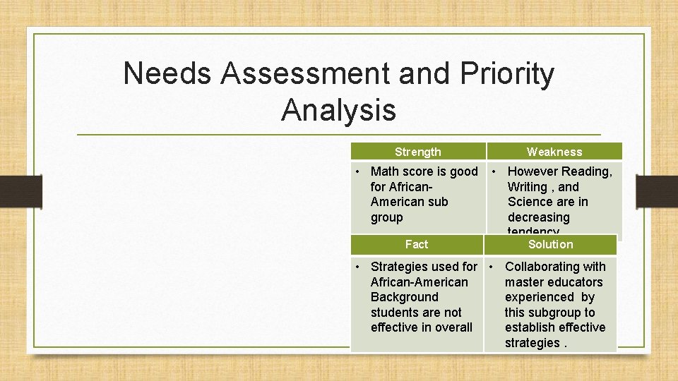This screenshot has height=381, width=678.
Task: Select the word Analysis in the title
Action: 338,109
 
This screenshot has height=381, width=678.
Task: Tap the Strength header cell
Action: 417,152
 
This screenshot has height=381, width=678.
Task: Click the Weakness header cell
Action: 554,152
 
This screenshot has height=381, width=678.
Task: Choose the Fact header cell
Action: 417,244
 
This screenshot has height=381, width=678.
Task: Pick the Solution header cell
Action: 551,244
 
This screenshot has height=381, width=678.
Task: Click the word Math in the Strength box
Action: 385,171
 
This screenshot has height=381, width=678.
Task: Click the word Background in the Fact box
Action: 404,297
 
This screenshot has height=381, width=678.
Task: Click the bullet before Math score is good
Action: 359,171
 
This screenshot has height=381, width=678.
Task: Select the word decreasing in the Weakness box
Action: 538,217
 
